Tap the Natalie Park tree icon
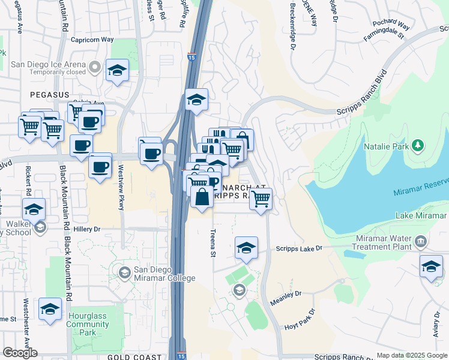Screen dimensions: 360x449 pos(418,145)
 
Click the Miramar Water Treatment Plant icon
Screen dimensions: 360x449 pos(420,241)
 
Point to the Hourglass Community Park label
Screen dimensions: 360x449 pos(88,324)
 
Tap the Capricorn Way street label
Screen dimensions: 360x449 pos(91,40)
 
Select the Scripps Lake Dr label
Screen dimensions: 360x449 pos(300,248)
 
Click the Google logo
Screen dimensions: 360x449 pos(20,353)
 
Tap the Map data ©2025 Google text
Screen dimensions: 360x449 pos(412,355)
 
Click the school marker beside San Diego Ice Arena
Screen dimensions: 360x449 pos(118,70)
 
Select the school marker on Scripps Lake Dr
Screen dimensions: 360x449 pos(246,248)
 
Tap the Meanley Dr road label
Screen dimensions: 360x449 pos(286,298)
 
